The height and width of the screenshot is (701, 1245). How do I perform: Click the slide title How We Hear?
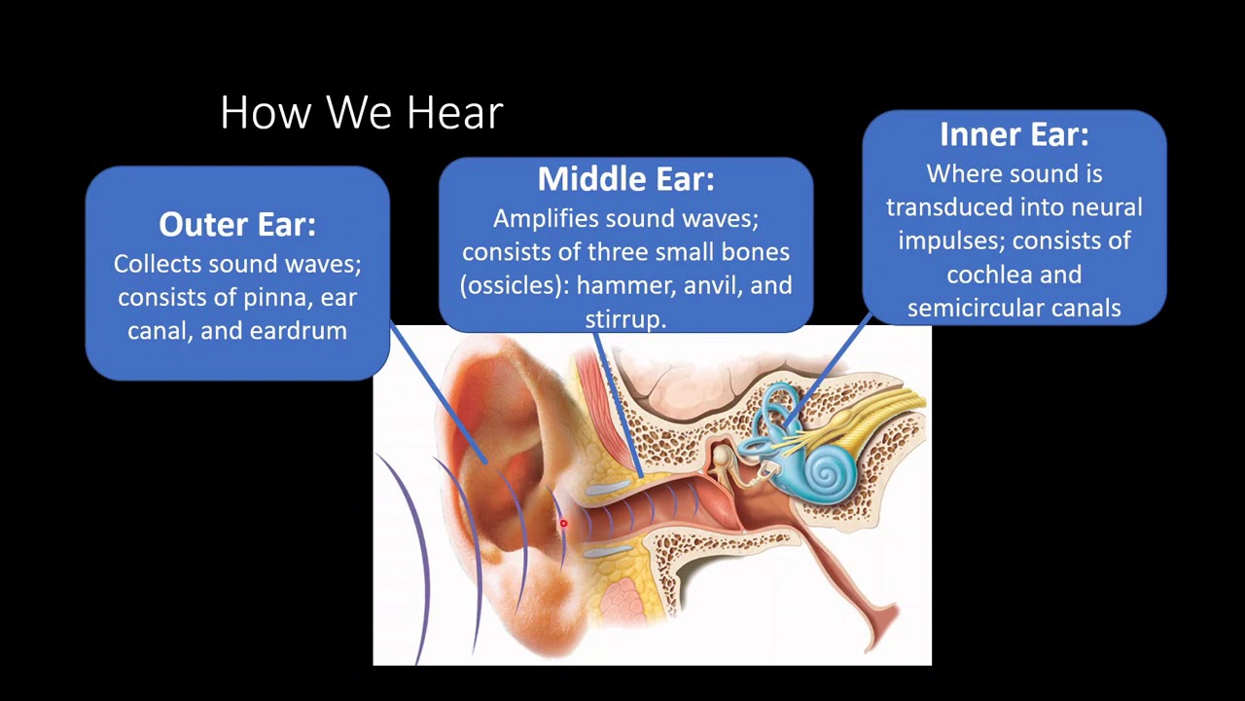pos(361,113)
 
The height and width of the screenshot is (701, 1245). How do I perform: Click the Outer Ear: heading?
pos(237,224)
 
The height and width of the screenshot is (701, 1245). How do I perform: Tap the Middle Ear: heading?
pos(625,179)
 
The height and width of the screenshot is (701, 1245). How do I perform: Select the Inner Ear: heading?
pos(1014,134)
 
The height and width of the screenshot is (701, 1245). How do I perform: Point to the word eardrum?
pos(298,331)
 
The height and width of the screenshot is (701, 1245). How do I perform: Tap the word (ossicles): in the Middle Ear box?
pos(515,286)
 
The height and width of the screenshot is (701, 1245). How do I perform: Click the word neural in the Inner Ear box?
pos(1106,207)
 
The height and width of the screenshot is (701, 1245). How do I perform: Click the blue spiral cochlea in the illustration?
pos(829,474)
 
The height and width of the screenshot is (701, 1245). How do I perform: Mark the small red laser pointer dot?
pos(562,525)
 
